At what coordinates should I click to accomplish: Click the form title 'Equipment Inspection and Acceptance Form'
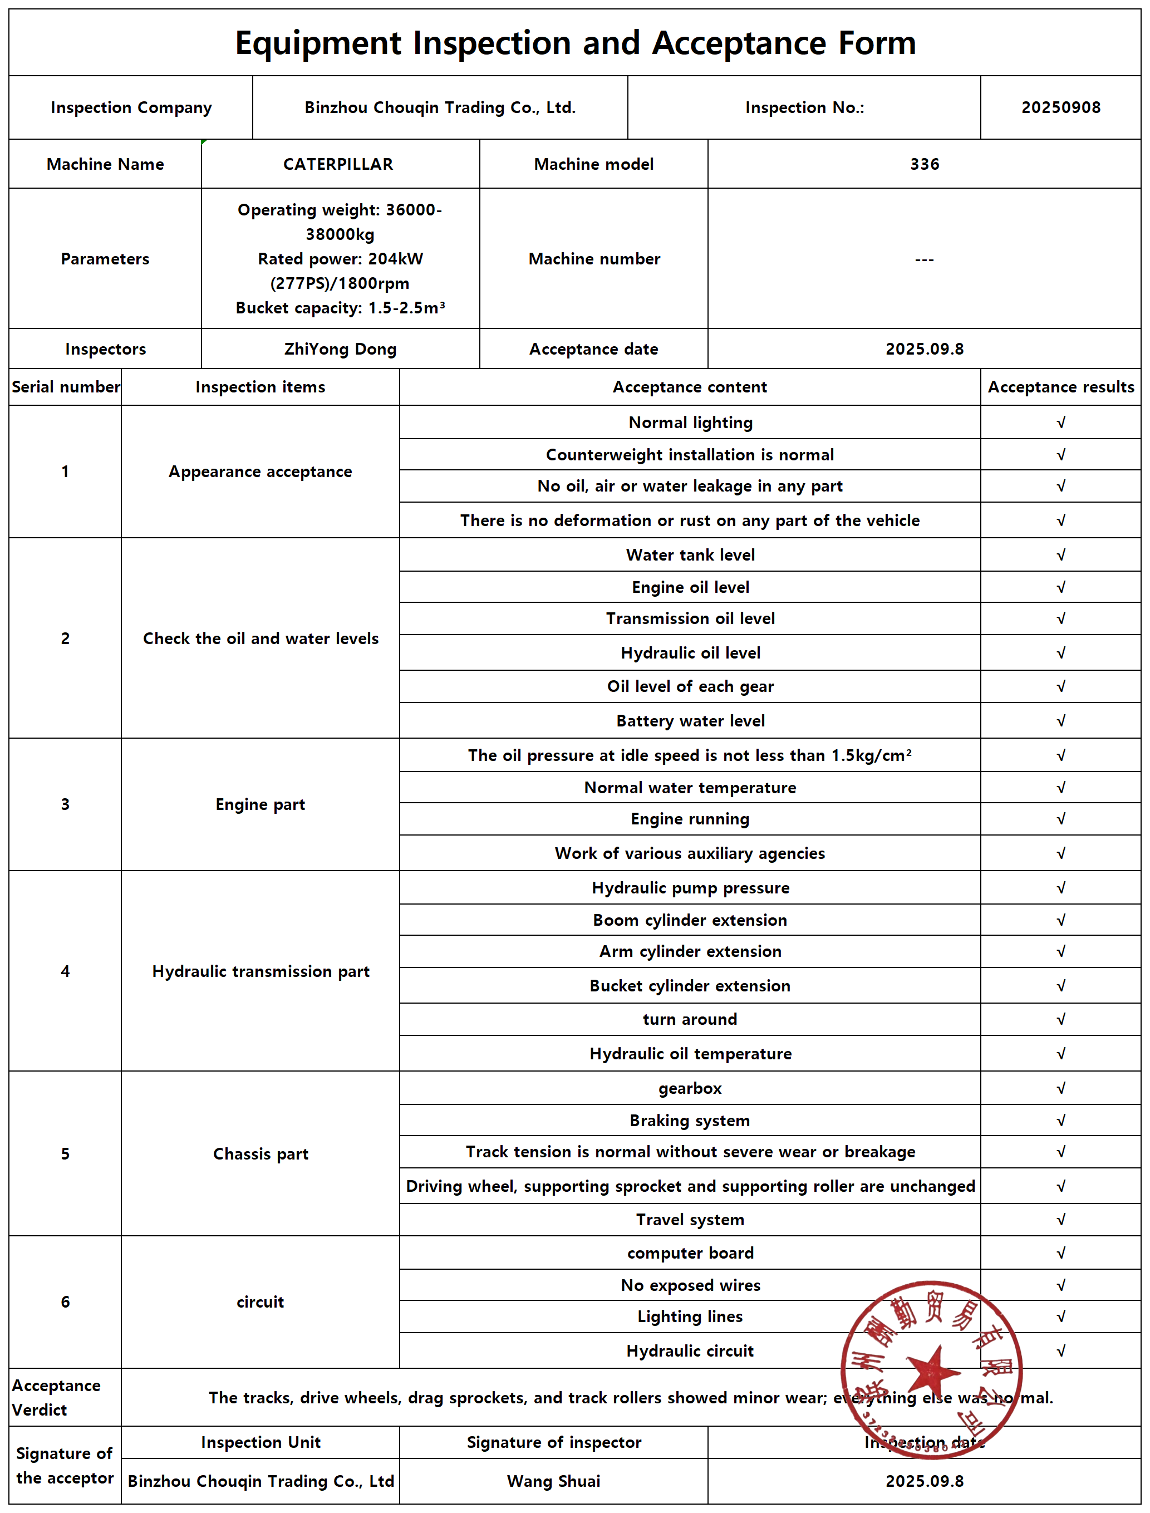(x=575, y=43)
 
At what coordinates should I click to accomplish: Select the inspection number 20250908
(x=1060, y=107)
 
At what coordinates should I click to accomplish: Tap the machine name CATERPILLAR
(x=338, y=164)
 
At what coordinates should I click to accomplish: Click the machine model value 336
(x=924, y=164)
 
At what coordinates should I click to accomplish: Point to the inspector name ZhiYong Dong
(x=340, y=349)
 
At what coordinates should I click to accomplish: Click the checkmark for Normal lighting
(x=1060, y=423)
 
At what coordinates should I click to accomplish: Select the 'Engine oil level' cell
(x=690, y=587)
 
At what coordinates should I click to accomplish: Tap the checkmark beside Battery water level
(x=1060, y=721)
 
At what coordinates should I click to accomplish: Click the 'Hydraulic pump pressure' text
(x=690, y=888)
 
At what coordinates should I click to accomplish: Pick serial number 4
(x=65, y=971)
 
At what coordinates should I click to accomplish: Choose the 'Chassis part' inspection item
(x=260, y=1155)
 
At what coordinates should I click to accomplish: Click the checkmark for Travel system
(x=1060, y=1220)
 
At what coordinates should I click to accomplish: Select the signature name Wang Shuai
(x=553, y=1481)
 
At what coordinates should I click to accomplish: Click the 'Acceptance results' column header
(x=1060, y=387)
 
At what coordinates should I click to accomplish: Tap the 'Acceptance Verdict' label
(x=56, y=1397)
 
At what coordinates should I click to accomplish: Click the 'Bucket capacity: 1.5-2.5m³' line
(x=340, y=308)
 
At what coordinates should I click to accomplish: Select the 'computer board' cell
(x=690, y=1254)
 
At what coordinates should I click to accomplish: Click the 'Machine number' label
(x=593, y=259)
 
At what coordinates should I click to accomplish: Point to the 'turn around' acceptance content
(x=690, y=1019)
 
